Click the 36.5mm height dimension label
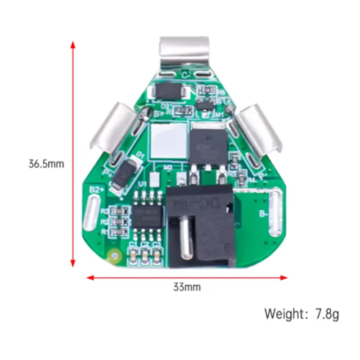(46, 164)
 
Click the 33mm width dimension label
(186, 287)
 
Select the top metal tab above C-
(185, 53)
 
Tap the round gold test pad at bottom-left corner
(114, 256)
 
